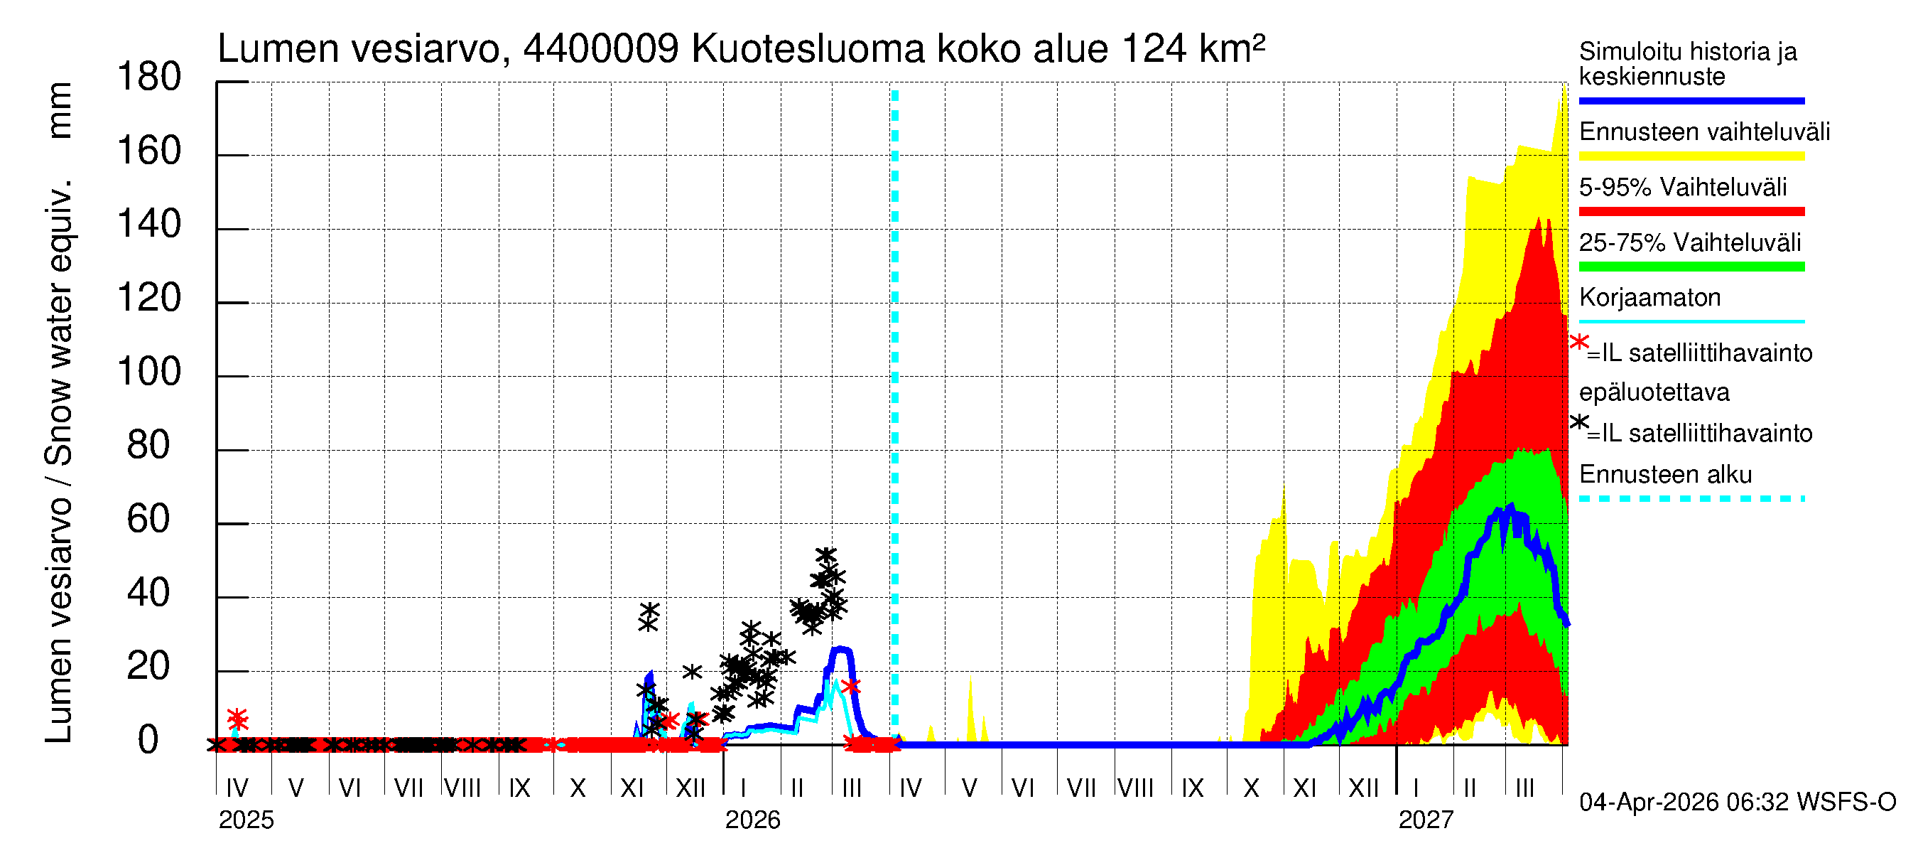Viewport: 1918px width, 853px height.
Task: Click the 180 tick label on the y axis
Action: point(149,77)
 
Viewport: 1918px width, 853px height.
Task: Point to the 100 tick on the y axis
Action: point(149,372)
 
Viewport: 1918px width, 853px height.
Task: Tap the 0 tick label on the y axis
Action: point(149,741)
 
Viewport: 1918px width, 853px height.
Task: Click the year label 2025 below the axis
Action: point(246,820)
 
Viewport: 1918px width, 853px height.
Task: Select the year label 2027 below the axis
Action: point(1426,820)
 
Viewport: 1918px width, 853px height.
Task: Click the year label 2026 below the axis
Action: point(753,820)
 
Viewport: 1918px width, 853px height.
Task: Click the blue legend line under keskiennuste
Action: point(1691,100)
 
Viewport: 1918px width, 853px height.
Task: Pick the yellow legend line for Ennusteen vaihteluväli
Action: point(1691,156)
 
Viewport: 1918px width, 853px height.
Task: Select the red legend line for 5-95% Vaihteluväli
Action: point(1691,212)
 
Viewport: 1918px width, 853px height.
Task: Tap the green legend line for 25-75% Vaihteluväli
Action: point(1691,267)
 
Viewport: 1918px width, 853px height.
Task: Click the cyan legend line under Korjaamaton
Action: point(1691,322)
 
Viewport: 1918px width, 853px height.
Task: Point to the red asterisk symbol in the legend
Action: point(1578,342)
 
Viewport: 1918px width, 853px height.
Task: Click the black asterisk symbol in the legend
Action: point(1578,422)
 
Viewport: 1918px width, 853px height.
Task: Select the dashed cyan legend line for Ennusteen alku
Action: point(1691,498)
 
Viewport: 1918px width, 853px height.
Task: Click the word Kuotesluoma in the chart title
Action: point(808,49)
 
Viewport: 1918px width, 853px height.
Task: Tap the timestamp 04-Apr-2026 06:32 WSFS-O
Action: point(1737,803)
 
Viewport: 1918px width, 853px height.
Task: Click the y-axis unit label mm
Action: point(60,110)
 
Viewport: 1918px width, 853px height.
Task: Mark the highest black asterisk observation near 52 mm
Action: point(825,556)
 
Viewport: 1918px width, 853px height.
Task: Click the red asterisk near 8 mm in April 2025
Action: point(237,719)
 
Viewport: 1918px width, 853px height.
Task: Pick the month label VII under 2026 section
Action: point(1080,788)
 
